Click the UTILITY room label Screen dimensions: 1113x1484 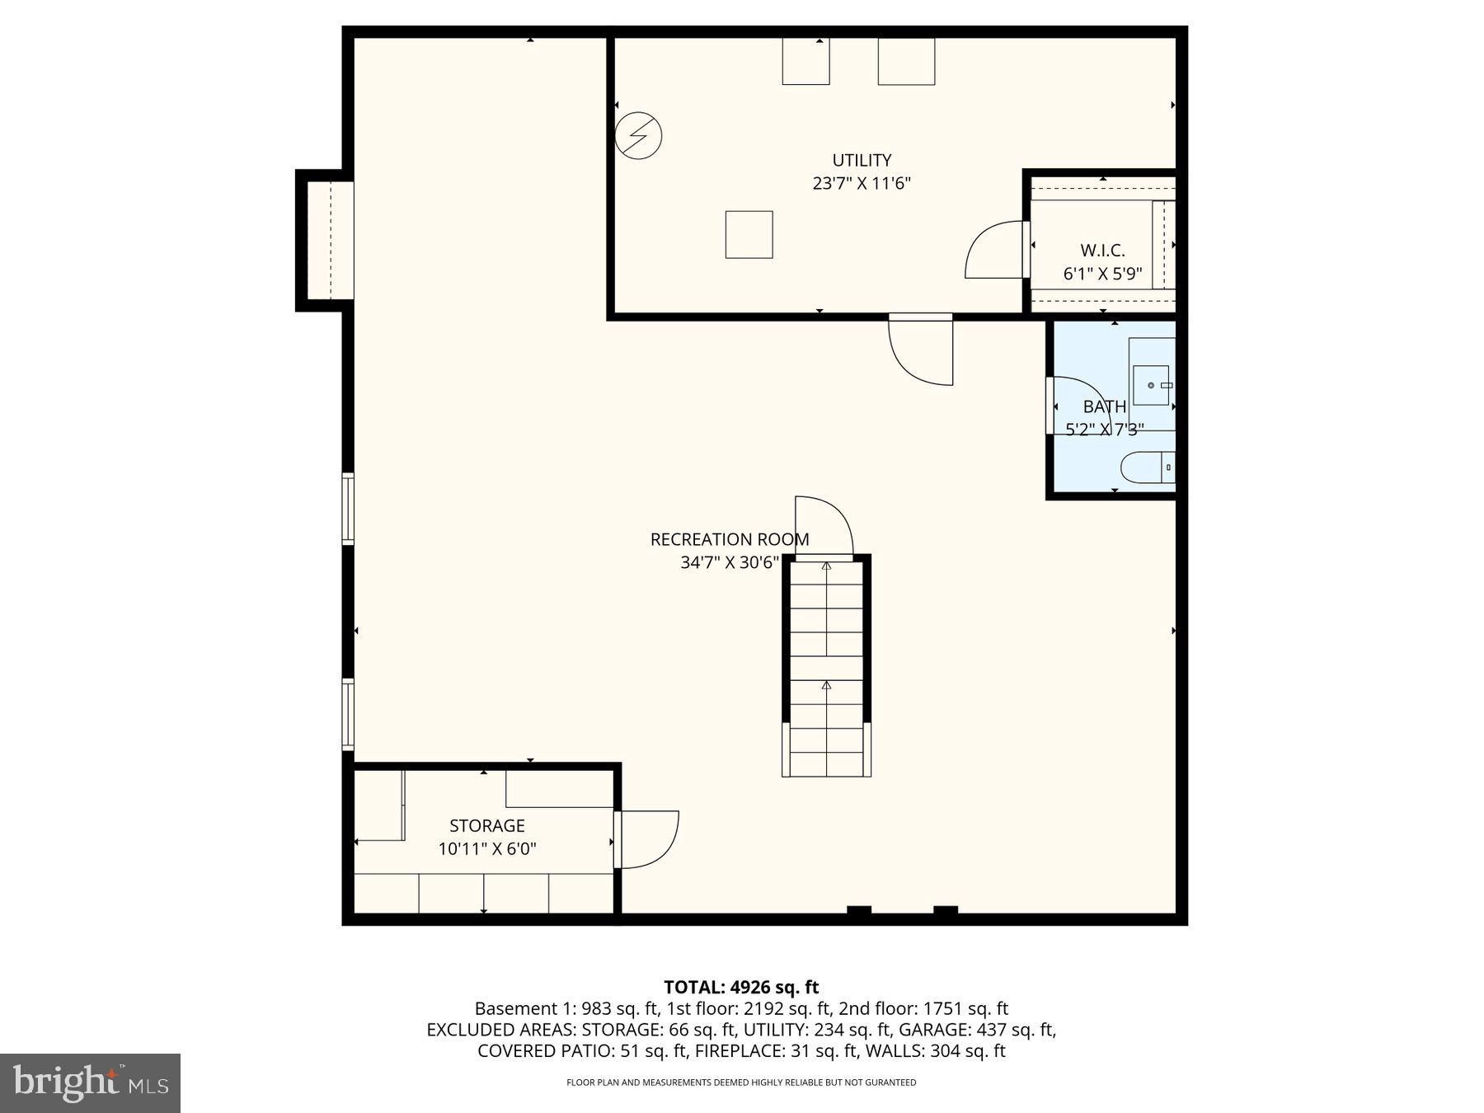point(862,160)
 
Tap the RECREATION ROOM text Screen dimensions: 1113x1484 point(730,539)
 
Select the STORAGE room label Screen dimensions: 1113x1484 point(486,825)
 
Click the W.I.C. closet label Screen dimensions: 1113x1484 point(1102,251)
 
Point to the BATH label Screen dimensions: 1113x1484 point(1104,406)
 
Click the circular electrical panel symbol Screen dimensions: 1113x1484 point(638,135)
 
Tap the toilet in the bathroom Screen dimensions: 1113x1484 point(1145,467)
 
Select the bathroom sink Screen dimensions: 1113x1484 point(1151,385)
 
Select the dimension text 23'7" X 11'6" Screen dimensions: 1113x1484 point(862,183)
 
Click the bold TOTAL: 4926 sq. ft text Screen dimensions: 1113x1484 point(741,987)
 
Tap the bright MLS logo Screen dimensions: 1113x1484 point(90,1082)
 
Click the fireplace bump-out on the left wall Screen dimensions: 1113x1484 point(326,240)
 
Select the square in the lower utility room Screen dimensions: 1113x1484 point(749,235)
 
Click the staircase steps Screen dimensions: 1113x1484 point(826,668)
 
